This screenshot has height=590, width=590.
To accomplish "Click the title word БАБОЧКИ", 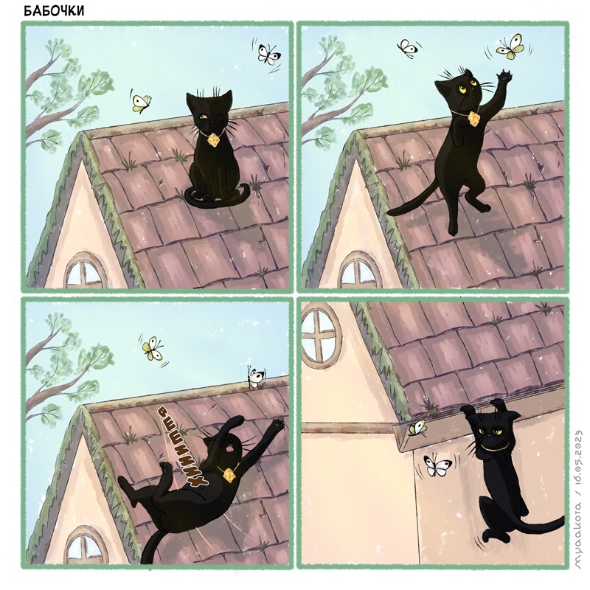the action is (54, 11).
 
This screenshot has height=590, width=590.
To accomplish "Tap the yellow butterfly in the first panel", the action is (141, 103).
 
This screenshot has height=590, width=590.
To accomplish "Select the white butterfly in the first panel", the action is (268, 54).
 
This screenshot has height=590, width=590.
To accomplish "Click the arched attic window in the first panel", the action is (85, 271).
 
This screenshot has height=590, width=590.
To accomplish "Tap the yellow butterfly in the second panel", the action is (510, 46).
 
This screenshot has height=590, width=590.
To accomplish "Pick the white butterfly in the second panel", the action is (407, 48).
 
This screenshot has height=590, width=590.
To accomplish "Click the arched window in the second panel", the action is (359, 271).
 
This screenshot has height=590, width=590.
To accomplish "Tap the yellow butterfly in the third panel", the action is (153, 349).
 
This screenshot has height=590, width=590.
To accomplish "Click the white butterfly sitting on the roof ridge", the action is (254, 378).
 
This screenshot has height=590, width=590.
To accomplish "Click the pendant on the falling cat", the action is (229, 475).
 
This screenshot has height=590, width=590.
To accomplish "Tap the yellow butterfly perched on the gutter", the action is (417, 428).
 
